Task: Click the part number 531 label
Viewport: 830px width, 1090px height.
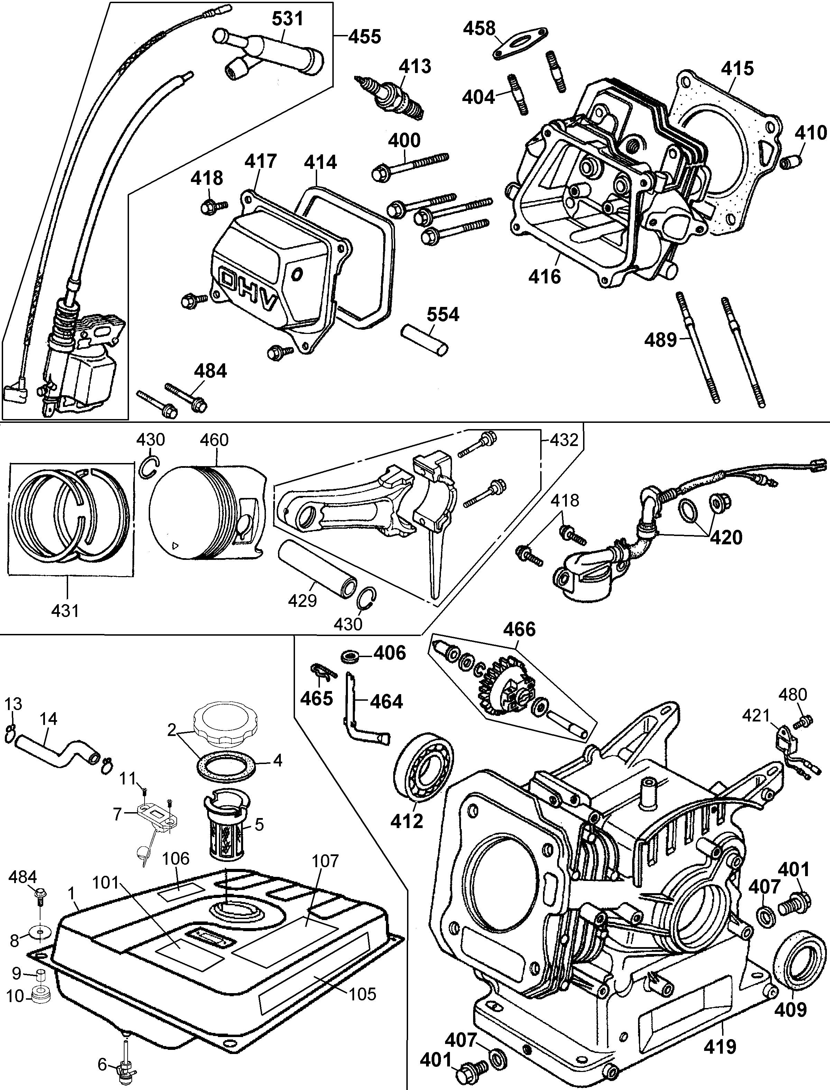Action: click(x=288, y=19)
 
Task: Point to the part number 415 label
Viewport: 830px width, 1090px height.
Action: click(x=737, y=69)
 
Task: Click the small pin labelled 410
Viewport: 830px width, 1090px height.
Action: click(x=792, y=162)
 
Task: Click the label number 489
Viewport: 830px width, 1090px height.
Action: click(x=661, y=340)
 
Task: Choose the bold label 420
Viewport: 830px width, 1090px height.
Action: click(x=726, y=537)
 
